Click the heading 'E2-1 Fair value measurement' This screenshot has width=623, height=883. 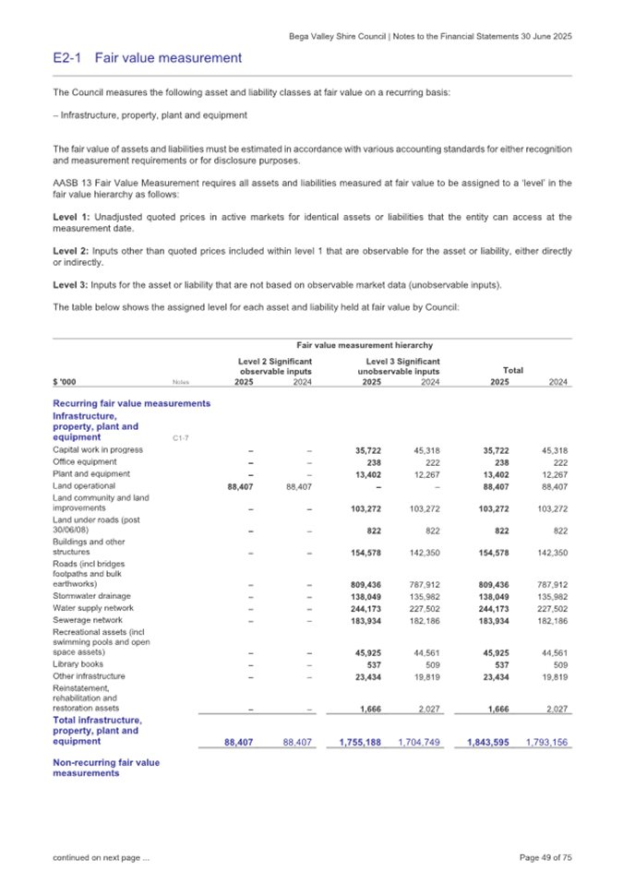[x=148, y=59]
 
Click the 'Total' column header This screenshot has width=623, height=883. [x=513, y=371]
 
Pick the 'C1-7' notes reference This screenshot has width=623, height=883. [x=182, y=436]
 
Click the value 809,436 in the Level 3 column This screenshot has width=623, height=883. [x=376, y=583]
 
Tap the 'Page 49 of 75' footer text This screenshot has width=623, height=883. [x=546, y=858]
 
